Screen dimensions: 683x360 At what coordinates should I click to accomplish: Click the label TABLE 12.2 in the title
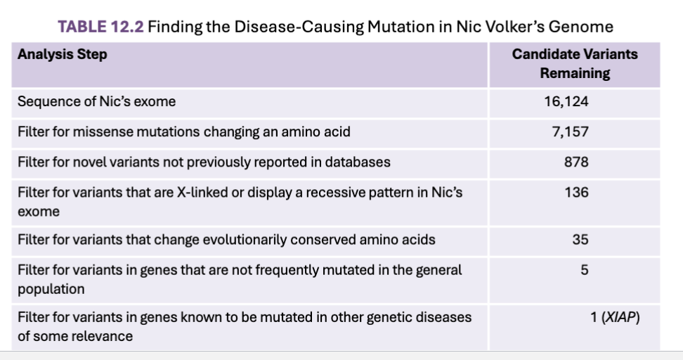(100, 27)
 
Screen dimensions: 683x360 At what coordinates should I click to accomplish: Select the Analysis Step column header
(63, 54)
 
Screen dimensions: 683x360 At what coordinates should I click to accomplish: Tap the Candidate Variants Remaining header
(575, 63)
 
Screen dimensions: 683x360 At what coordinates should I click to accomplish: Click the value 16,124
(566, 101)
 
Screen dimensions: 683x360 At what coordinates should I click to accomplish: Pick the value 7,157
(570, 131)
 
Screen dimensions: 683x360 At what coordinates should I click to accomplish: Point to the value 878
(576, 162)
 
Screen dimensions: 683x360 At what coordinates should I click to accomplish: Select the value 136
(577, 192)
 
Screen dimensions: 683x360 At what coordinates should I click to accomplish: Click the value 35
(580, 240)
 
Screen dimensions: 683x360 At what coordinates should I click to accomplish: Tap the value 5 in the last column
(585, 270)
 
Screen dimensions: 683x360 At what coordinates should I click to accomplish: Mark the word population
(51, 290)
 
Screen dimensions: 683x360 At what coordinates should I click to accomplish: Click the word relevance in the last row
(105, 337)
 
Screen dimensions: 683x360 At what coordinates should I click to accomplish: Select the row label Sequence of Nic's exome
(96, 101)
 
